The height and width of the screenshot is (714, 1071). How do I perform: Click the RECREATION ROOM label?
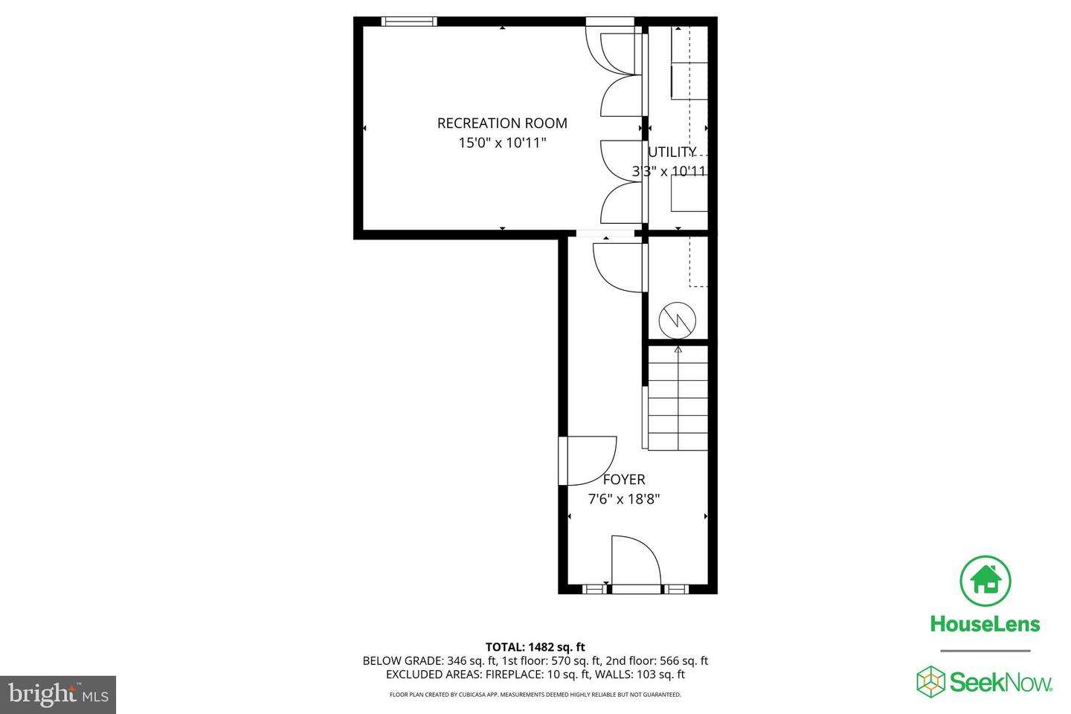pos(502,123)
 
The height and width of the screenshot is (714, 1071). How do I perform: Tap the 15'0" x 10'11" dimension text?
pos(502,143)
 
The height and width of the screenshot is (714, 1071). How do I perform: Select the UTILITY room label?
pos(672,152)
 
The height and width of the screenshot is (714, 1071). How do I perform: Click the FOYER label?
pos(624,480)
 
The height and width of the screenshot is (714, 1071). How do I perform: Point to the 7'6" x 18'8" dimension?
pos(624,499)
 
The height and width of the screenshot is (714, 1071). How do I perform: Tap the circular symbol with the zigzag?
pos(678,321)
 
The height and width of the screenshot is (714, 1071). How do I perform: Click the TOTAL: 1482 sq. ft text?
pos(535,647)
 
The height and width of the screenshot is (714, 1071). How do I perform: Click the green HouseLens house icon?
pos(985,580)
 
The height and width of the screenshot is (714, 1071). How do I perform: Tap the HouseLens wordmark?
pos(985,624)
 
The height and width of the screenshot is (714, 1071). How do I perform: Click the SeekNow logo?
pos(985,681)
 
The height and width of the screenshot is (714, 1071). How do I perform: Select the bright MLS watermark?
pos(58,695)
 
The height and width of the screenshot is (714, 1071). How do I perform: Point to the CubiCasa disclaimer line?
pos(535,695)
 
